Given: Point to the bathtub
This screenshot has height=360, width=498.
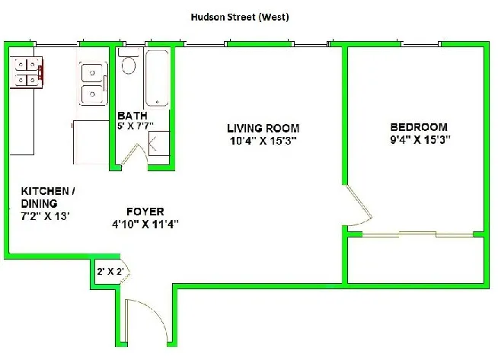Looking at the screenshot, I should click(158, 77).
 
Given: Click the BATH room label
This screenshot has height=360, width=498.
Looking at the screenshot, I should click(128, 116).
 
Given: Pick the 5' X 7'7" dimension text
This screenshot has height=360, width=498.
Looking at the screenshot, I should click(135, 127).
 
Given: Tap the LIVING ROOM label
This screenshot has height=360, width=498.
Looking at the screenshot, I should click(263, 129).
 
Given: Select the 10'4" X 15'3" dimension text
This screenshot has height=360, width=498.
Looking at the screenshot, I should click(263, 140).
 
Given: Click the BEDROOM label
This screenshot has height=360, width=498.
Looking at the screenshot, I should click(419, 127).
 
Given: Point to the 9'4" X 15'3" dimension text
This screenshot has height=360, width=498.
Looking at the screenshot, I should click(419, 139).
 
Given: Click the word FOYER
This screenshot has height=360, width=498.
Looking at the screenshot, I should click(145, 212).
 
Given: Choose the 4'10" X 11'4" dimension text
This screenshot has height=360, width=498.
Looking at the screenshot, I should click(145, 224).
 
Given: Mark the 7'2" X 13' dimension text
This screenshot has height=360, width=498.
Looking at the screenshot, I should click(45, 215).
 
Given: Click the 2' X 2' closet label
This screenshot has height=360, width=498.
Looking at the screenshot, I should click(110, 271).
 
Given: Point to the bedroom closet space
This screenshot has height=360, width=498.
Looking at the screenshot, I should click(415, 260).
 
